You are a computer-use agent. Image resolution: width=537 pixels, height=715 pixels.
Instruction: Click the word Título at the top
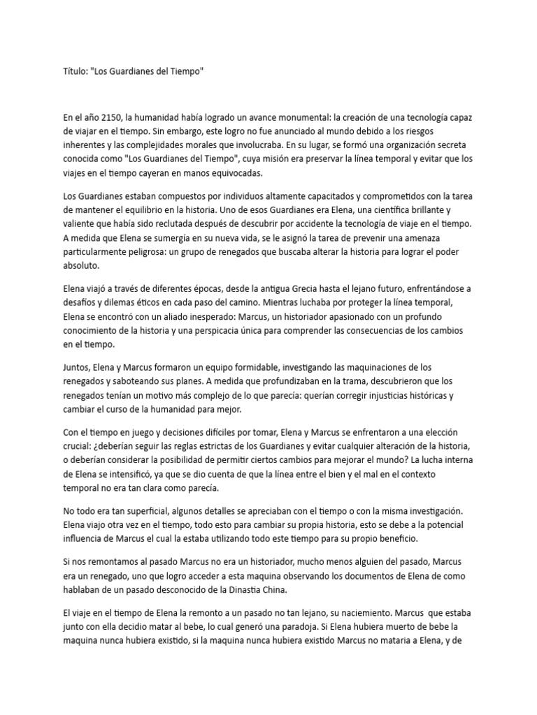[x=76, y=72]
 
